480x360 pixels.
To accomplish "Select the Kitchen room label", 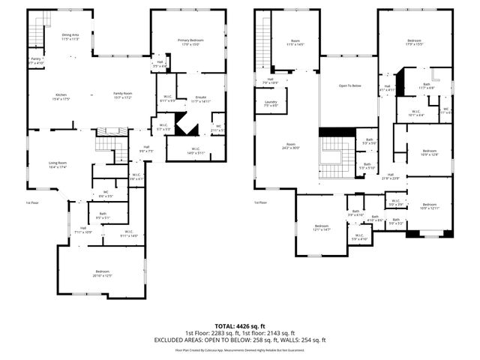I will click(61, 96).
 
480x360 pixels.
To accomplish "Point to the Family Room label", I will click(122, 96).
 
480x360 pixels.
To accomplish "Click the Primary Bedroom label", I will click(188, 42).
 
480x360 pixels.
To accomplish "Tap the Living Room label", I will click(58, 164).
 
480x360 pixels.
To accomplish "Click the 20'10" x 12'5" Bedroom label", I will click(103, 273).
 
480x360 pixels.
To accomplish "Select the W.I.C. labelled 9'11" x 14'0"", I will click(128, 233).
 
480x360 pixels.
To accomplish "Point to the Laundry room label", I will click(271, 103).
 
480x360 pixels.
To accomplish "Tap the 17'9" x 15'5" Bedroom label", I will click(415, 42).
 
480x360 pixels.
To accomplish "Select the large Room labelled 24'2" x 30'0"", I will click(291, 145).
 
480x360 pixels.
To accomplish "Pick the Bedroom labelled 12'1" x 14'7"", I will click(322, 228).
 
